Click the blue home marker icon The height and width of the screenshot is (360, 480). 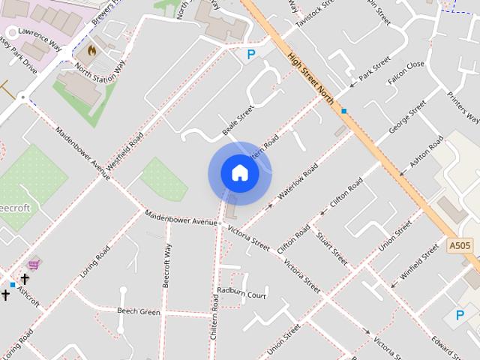[239, 172]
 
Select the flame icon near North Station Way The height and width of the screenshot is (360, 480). [91, 50]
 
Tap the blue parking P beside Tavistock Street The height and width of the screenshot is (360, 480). [251, 54]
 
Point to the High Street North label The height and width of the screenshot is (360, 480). [309, 75]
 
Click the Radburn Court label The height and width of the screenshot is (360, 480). [241, 292]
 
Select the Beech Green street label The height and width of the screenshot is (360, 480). [139, 311]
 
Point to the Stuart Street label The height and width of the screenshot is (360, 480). [331, 248]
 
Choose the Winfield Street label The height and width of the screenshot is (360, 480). [419, 262]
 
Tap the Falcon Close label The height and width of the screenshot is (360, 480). [405, 72]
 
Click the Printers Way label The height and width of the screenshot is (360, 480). [463, 106]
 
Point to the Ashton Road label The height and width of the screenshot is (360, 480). [427, 153]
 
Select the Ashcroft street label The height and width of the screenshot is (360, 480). [28, 298]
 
